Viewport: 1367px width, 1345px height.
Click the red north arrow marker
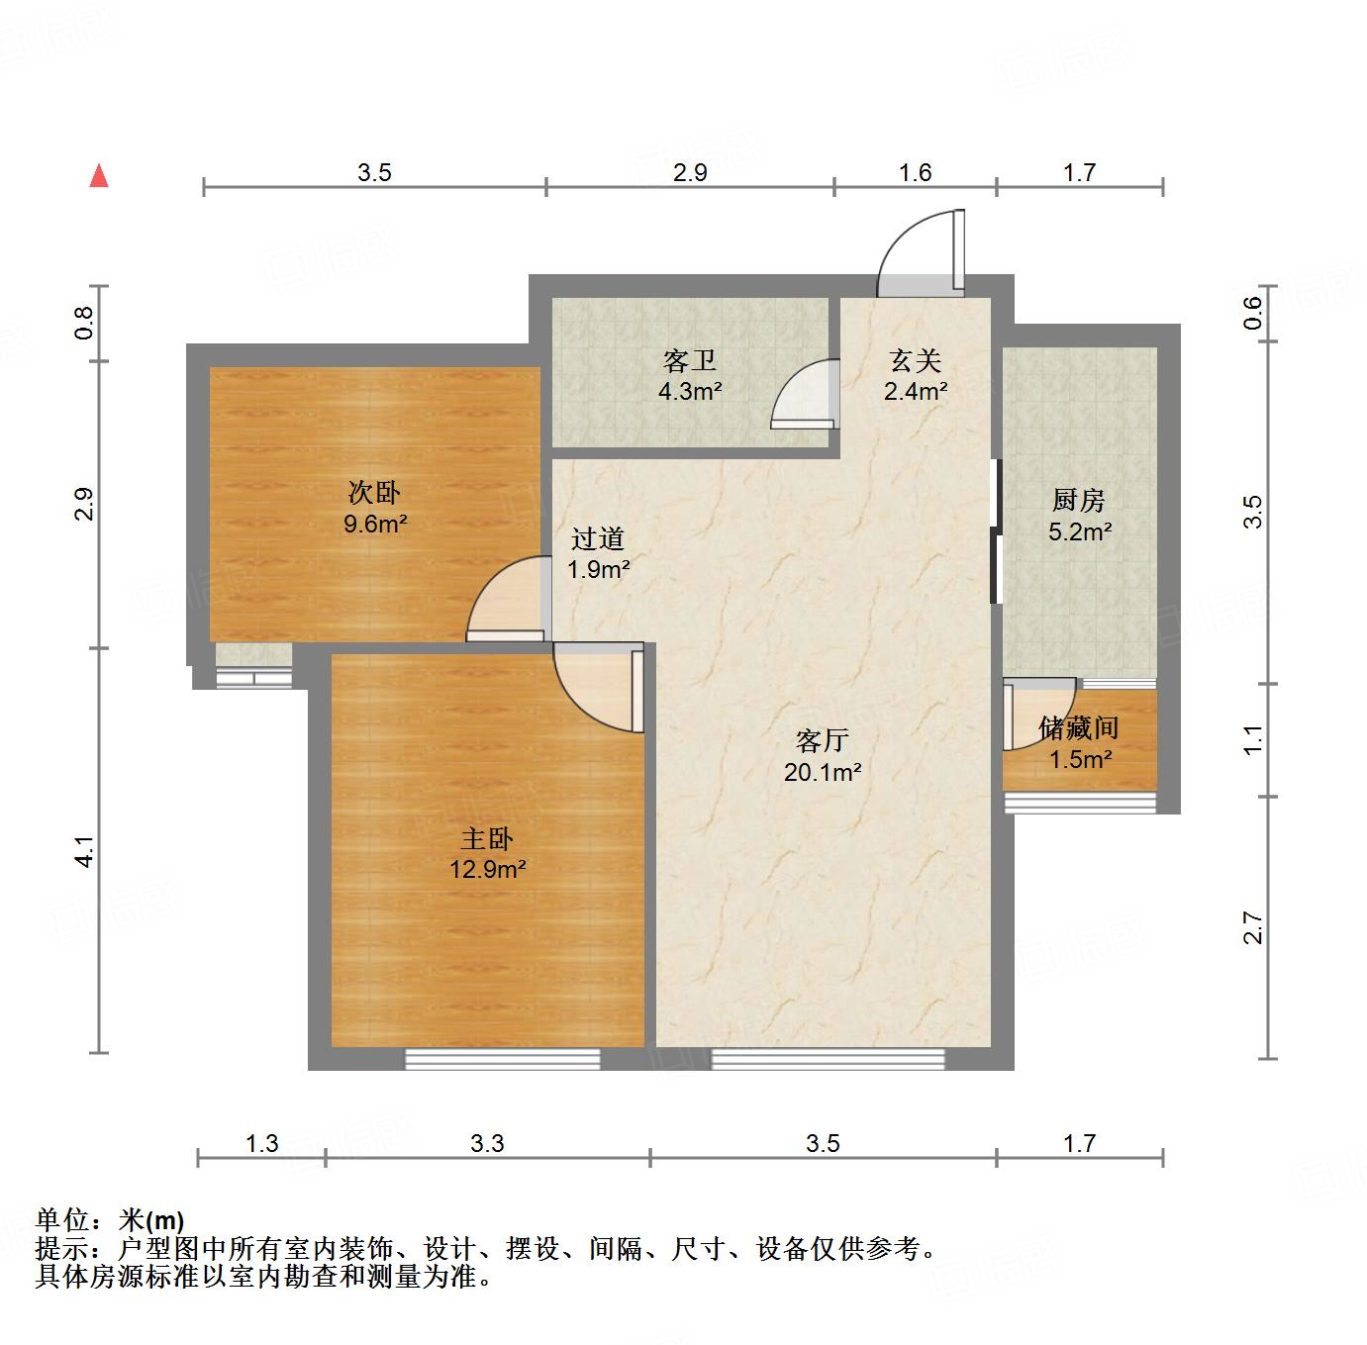click(x=99, y=176)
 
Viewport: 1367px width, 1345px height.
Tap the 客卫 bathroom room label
click(x=690, y=361)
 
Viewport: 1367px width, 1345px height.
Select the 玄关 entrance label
click(x=915, y=361)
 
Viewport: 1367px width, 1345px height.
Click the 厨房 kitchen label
click(x=1079, y=501)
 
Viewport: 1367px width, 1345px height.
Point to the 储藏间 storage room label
click(x=1079, y=729)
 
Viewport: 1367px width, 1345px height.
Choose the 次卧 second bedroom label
click(x=374, y=492)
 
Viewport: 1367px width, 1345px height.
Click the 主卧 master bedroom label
click(x=486, y=839)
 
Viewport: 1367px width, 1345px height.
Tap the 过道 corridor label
click(x=598, y=538)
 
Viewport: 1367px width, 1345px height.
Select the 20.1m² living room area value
click(x=822, y=772)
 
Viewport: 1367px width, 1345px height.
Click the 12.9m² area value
click(x=486, y=870)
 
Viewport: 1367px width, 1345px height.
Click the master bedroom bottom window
click(x=503, y=1059)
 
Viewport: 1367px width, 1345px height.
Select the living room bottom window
click(x=828, y=1059)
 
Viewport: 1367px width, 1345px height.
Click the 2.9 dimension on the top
click(x=690, y=172)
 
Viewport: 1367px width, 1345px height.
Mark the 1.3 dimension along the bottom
click(x=261, y=1144)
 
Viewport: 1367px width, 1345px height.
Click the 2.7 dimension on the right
click(x=1253, y=927)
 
